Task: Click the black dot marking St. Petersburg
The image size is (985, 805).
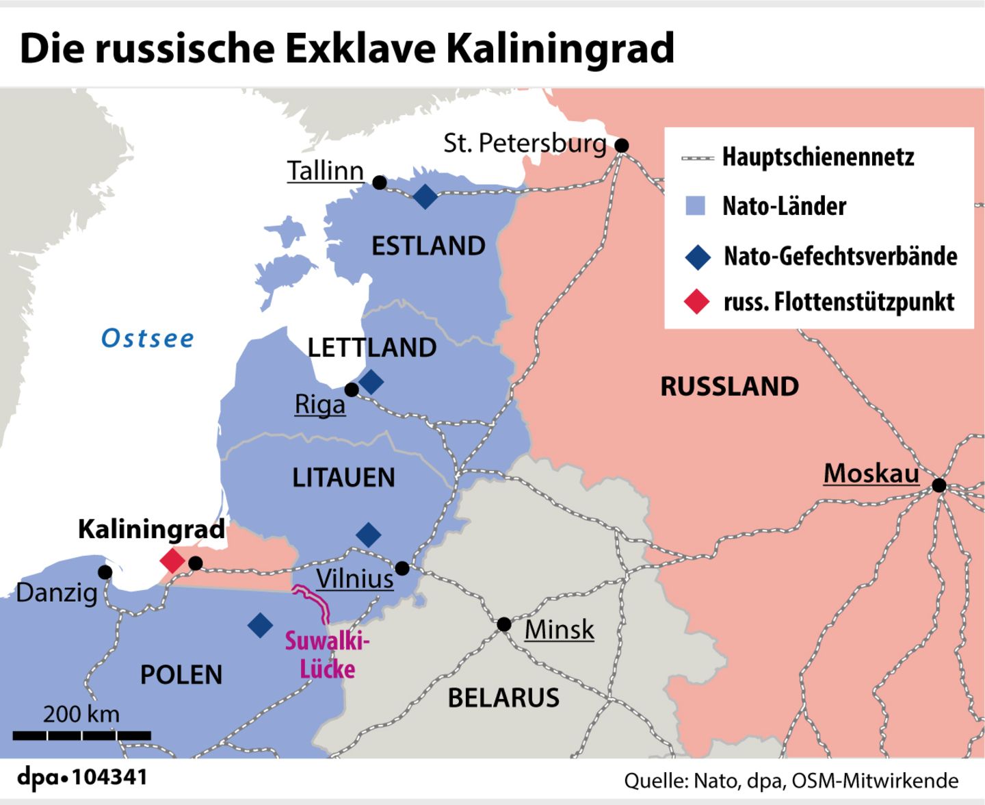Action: pyautogui.click(x=622, y=145)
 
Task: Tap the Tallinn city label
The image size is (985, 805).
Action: pyautogui.click(x=325, y=170)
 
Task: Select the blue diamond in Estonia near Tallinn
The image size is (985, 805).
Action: pyautogui.click(x=425, y=196)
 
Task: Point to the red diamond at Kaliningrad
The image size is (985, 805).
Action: pyautogui.click(x=172, y=561)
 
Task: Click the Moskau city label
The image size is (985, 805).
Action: pyautogui.click(x=871, y=473)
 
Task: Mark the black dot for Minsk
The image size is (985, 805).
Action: pyautogui.click(x=504, y=624)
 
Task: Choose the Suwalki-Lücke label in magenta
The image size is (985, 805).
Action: pyautogui.click(x=327, y=655)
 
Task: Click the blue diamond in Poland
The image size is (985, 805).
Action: pyautogui.click(x=260, y=625)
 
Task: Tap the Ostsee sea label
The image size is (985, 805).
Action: pyautogui.click(x=148, y=338)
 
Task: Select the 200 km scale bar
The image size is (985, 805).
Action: pyautogui.click(x=82, y=735)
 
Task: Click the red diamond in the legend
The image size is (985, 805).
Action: pyautogui.click(x=697, y=301)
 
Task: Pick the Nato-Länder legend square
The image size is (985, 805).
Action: pyautogui.click(x=695, y=205)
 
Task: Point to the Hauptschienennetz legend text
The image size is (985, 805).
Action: pyautogui.click(x=818, y=157)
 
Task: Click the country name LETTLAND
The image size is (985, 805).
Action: pyautogui.click(x=372, y=348)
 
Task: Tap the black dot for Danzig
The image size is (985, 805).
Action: pyautogui.click(x=105, y=572)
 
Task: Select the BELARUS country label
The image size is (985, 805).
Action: pyautogui.click(x=503, y=698)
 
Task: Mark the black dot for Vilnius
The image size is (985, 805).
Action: pyautogui.click(x=402, y=568)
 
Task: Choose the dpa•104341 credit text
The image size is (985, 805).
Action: pyautogui.click(x=82, y=778)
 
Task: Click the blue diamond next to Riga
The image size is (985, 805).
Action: pyautogui.click(x=371, y=381)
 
